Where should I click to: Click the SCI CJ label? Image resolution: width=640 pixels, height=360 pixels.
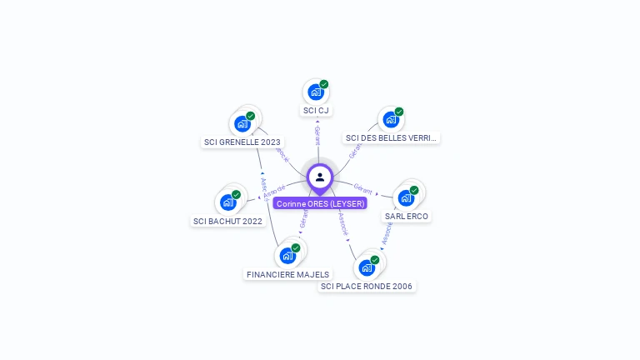[x=317, y=111]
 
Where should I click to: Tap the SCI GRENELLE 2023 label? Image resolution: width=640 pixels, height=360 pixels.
[x=242, y=142]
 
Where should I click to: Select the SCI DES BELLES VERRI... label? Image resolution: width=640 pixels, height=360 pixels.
[x=391, y=137]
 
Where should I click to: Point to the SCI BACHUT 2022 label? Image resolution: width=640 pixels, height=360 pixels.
[x=227, y=221]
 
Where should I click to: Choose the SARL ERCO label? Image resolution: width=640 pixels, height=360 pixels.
[x=407, y=216]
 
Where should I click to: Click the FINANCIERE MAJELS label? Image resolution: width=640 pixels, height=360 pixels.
[x=288, y=274]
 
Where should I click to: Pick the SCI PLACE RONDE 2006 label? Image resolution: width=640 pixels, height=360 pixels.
[x=367, y=286]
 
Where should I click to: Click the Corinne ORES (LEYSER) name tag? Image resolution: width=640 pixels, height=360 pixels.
[x=320, y=203]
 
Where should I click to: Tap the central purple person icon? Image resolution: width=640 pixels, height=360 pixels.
[x=320, y=177]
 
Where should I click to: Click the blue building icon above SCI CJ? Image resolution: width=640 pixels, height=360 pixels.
[x=315, y=92]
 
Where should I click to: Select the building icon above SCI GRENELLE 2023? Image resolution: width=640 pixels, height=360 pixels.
[x=242, y=124]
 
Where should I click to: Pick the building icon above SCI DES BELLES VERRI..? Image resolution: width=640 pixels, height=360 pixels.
[x=390, y=120]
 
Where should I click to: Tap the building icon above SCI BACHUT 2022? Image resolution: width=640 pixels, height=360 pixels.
[x=227, y=202]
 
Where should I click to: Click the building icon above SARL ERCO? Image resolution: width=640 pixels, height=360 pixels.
[x=406, y=198]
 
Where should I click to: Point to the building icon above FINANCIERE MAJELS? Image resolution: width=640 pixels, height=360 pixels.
[x=287, y=256]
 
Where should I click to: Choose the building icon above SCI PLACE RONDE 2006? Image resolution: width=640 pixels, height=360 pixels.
[x=366, y=267]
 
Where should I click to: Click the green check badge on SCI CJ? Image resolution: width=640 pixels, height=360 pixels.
[x=324, y=84]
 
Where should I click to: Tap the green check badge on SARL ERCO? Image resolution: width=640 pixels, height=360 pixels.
[x=414, y=190]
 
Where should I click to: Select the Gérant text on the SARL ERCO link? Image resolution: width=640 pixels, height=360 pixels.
[x=362, y=188]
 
